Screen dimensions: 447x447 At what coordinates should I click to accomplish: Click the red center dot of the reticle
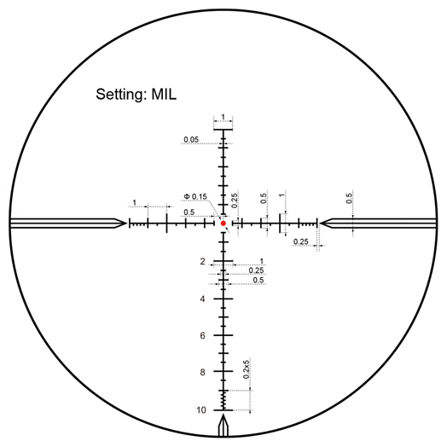click(223, 223)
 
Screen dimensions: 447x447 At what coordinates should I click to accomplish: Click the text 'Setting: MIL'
click(136, 94)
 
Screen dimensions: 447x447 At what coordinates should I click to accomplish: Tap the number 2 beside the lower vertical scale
click(202, 261)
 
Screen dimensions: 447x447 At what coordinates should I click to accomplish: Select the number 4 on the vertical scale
click(202, 299)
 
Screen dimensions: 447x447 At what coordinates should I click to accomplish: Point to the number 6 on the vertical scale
click(202, 336)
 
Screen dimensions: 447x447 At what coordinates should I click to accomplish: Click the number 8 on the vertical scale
click(202, 372)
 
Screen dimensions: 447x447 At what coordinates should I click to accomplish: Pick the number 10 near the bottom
click(201, 410)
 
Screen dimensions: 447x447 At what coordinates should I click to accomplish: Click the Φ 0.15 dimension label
click(195, 197)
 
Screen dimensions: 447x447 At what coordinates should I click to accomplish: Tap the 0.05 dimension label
click(191, 140)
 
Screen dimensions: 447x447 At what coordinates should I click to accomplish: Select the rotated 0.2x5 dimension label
click(247, 369)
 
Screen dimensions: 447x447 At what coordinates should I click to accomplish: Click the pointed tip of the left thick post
click(126, 223)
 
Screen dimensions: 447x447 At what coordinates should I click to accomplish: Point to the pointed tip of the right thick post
click(320, 223)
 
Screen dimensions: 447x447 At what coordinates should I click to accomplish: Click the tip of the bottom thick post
click(223, 415)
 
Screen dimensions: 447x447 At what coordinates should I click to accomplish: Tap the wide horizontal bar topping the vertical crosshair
click(223, 130)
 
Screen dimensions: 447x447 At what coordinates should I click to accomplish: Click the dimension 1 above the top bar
click(223, 117)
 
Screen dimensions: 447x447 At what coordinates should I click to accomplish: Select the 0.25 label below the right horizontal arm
click(301, 242)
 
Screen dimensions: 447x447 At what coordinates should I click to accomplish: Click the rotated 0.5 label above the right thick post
click(349, 198)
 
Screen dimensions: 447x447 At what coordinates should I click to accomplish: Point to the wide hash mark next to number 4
click(223, 299)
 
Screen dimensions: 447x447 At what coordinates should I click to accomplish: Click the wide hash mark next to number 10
click(223, 410)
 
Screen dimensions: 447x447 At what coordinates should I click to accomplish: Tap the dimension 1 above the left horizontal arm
click(135, 203)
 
